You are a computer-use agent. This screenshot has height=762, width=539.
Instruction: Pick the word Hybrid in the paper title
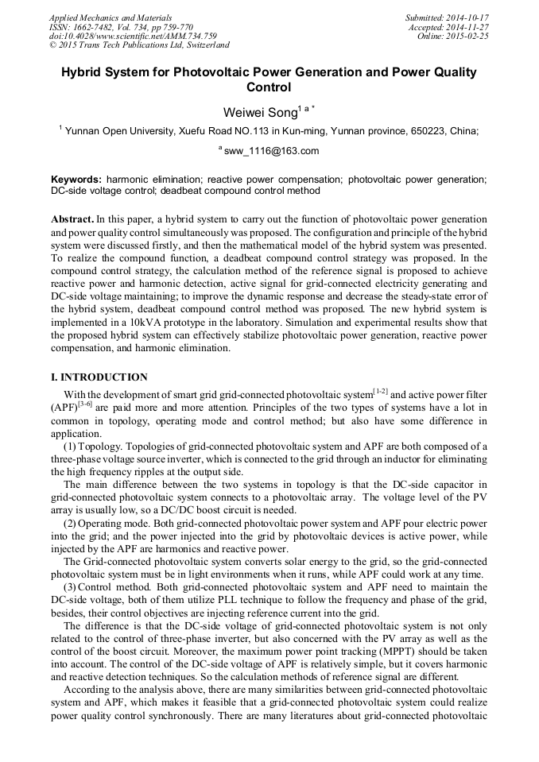pos(85,72)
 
